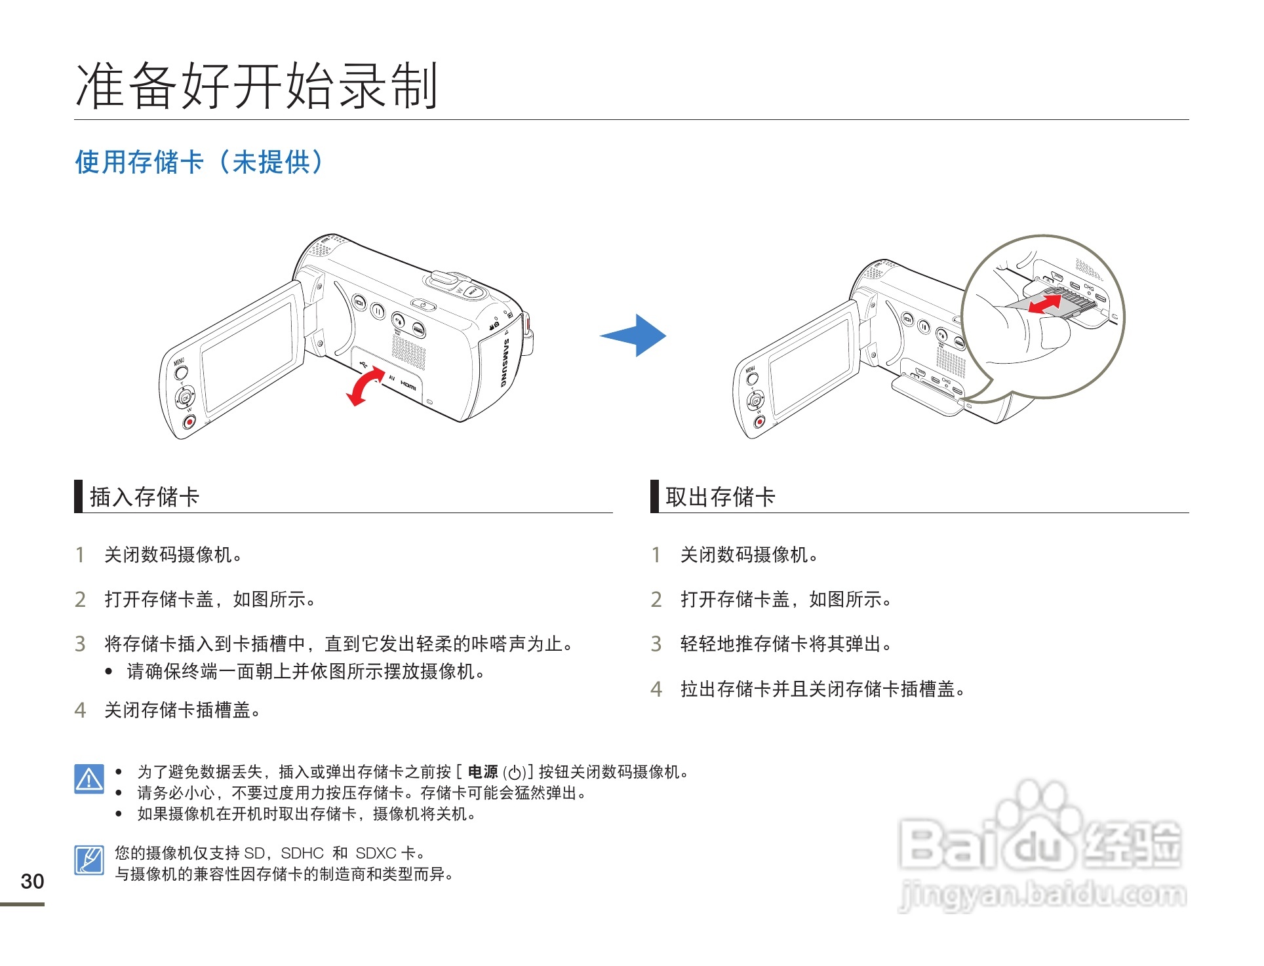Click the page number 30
(32, 881)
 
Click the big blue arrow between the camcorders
(634, 336)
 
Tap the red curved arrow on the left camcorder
(365, 387)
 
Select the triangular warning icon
(89, 779)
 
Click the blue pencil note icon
(89, 860)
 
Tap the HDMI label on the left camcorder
(408, 385)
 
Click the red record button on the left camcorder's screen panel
(189, 421)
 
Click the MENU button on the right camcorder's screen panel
(751, 378)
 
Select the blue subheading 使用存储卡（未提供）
(199, 162)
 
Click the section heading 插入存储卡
(144, 497)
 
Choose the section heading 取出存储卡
(720, 497)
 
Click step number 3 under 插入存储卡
(80, 644)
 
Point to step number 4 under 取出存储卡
(656, 689)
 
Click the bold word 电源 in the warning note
(483, 772)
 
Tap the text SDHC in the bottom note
(302, 853)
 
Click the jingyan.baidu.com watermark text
(1042, 895)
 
